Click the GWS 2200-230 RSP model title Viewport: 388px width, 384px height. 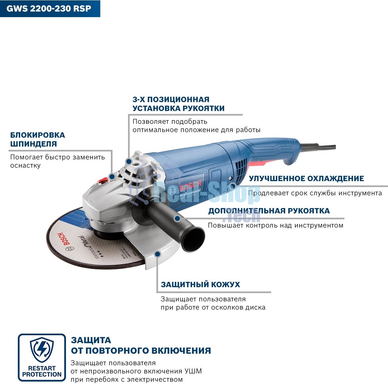point(49,8)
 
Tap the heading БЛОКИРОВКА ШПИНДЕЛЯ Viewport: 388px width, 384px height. point(38,139)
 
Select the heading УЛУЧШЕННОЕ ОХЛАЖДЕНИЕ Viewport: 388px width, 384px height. point(306,178)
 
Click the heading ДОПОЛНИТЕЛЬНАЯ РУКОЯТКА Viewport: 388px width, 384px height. point(269,211)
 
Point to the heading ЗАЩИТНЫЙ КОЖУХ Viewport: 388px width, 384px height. point(200,285)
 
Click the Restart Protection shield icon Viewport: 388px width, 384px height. point(42,349)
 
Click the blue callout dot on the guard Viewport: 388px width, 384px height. point(158,254)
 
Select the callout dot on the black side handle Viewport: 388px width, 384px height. point(177,218)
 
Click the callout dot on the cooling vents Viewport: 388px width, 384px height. point(233,186)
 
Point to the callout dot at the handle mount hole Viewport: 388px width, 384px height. point(129,161)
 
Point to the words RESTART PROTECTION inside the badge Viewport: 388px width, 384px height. point(42,371)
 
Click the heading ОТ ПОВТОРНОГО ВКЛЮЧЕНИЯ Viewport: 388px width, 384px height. point(141,350)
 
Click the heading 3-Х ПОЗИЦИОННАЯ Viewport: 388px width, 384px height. point(171,99)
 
